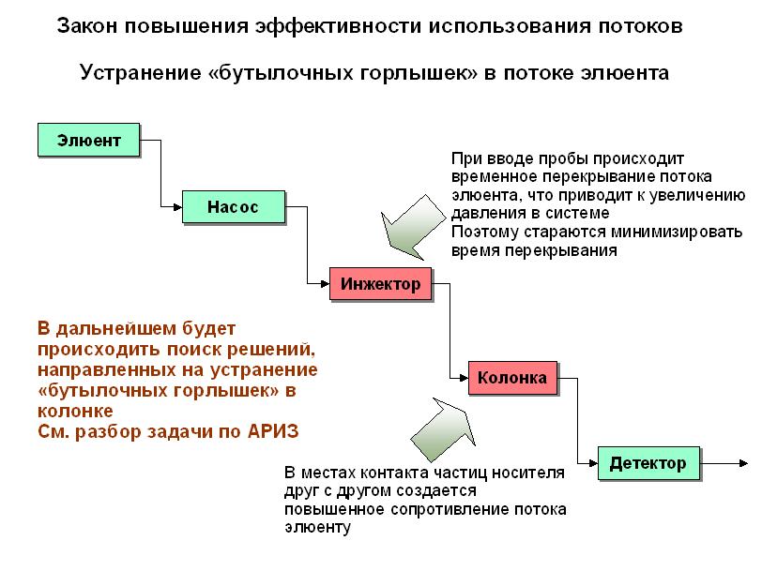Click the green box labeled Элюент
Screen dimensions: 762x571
coord(89,140)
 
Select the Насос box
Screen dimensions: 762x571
coord(234,207)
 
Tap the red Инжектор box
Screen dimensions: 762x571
coord(380,283)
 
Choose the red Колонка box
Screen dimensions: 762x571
coord(512,378)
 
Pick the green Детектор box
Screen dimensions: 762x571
coord(648,463)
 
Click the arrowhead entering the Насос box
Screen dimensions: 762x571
coord(178,207)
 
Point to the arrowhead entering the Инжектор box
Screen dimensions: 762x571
coord(325,283)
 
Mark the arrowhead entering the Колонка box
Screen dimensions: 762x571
coord(464,378)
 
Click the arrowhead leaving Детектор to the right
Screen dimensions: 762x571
coord(743,463)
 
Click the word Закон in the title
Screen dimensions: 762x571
coord(87,25)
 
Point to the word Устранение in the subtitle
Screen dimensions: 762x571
coord(141,73)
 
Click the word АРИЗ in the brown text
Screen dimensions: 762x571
coord(273,431)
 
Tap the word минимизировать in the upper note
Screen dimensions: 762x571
coord(677,233)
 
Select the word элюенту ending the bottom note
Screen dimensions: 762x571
coord(317,527)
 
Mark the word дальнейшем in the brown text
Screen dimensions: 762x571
coord(115,330)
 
